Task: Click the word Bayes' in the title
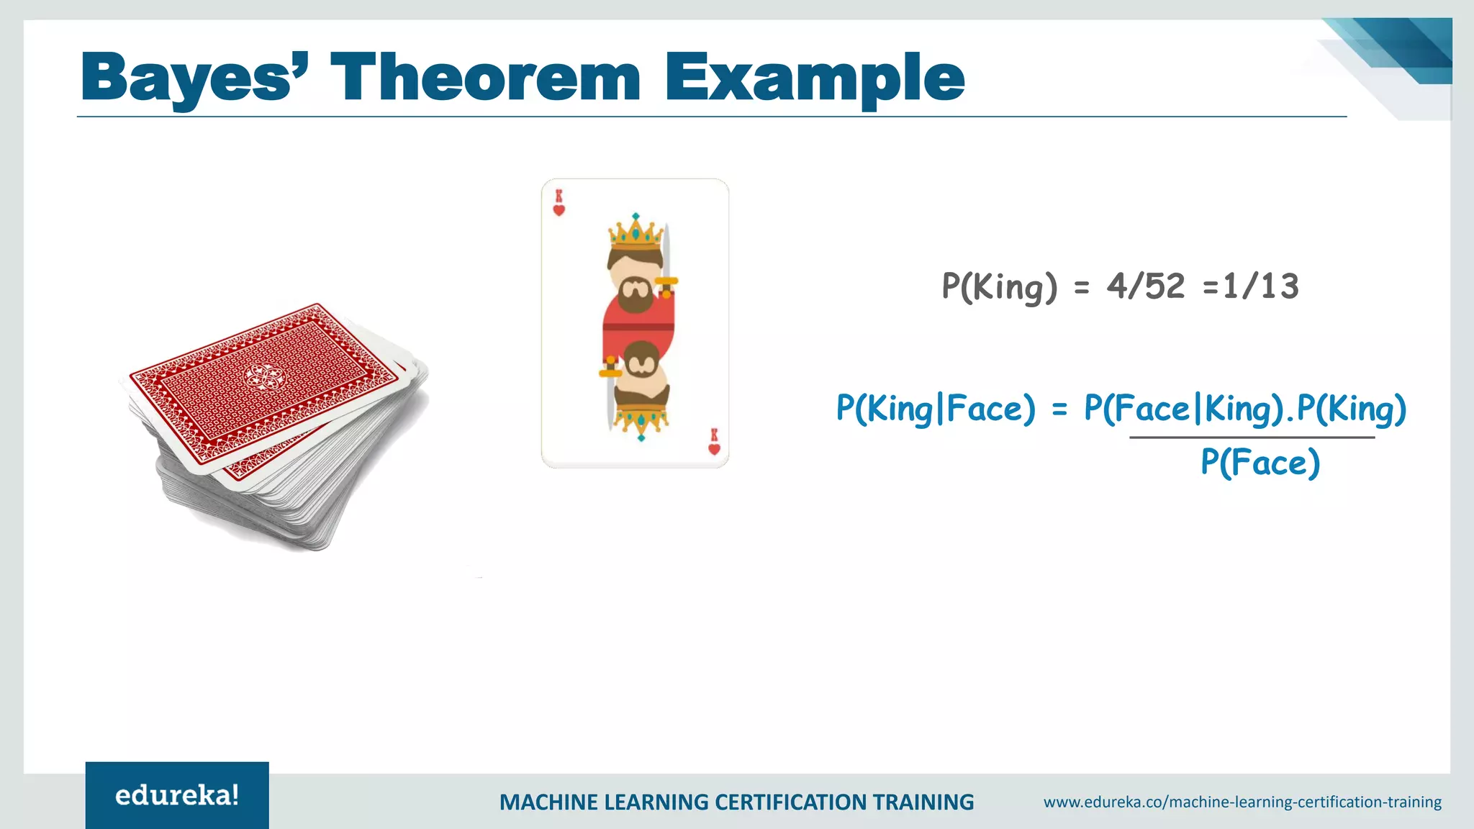194,78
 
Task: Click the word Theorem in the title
484,78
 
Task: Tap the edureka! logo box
177,795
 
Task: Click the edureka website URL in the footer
1242,802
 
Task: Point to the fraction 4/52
1145,286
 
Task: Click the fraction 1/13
1261,286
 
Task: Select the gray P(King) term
1000,286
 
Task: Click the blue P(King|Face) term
935,409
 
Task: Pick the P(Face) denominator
1260,462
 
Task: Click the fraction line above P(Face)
1252,437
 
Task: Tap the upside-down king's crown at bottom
641,420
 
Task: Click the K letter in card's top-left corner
559,196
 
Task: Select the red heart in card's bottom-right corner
714,449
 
